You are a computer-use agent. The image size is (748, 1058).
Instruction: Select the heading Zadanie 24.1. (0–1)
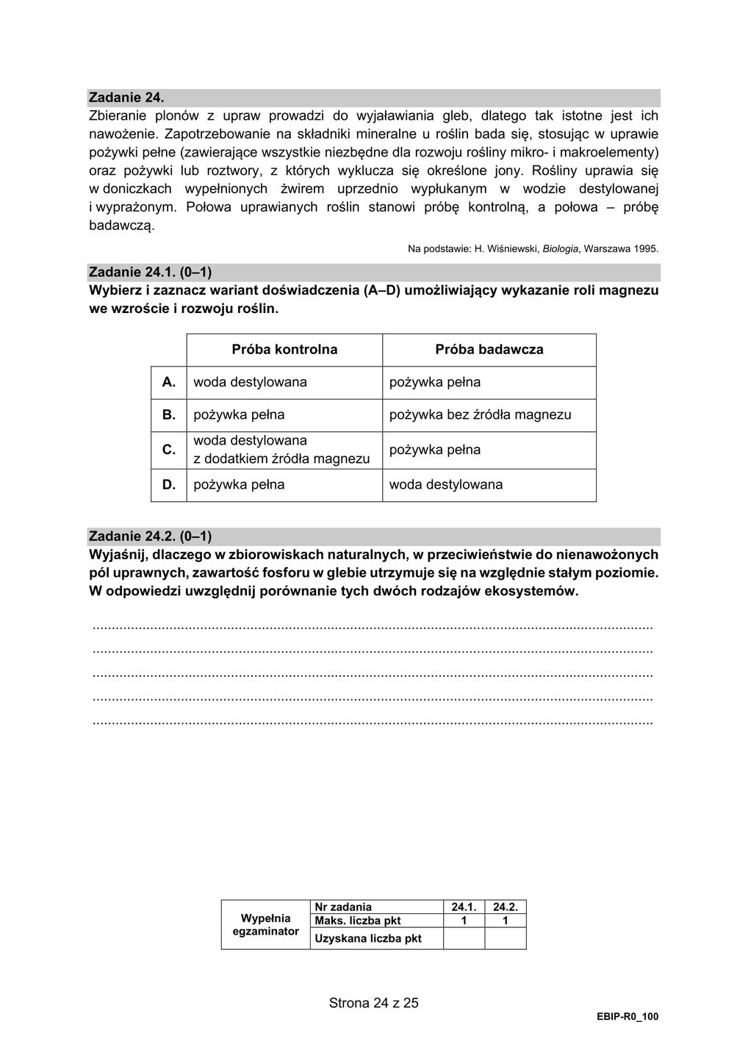point(150,273)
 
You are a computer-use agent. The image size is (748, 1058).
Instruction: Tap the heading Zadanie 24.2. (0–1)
point(150,536)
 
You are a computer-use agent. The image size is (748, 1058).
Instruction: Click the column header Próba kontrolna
point(284,350)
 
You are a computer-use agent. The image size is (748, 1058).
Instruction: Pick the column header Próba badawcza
point(489,350)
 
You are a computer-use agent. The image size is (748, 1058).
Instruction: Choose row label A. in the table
point(169,382)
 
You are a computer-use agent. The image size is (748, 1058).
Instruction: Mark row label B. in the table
point(169,415)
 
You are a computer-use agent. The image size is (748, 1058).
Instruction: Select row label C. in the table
point(169,450)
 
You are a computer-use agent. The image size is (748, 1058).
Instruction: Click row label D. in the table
point(169,485)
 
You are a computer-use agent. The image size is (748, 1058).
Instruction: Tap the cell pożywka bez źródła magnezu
point(480,415)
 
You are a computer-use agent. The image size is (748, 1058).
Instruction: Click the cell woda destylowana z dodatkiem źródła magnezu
point(281,450)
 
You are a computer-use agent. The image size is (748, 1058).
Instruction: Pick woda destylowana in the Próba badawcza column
point(446,485)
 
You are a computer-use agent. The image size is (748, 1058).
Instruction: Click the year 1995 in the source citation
point(644,249)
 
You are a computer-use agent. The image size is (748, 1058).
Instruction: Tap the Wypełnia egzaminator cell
point(266,925)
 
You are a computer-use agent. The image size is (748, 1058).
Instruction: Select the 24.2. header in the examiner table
point(506,907)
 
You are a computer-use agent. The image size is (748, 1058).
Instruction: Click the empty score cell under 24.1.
point(464,938)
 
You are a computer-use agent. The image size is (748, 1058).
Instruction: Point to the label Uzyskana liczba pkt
point(368,938)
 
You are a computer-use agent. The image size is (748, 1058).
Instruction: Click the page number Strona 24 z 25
point(373,1003)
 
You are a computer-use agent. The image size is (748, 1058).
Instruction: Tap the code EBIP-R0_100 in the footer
point(627,1017)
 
